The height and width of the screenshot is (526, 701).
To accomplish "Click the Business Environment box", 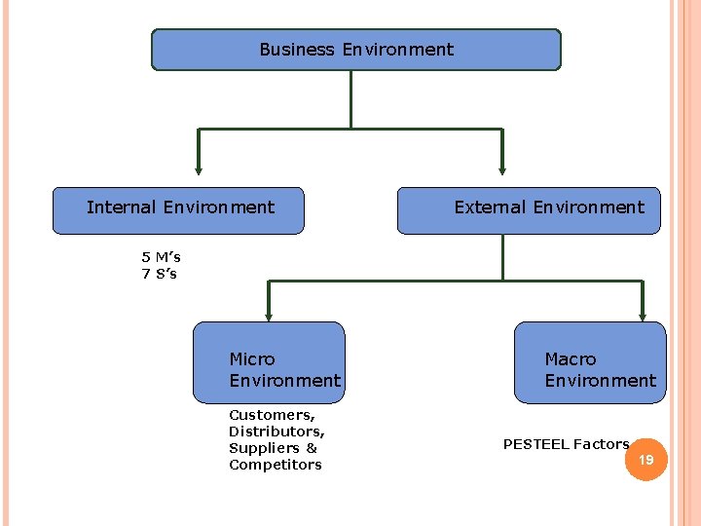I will click(356, 50).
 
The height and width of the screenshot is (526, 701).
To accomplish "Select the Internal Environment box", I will click(178, 210).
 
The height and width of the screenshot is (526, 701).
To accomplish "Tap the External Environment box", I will click(529, 210).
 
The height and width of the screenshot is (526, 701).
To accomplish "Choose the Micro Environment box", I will click(269, 362).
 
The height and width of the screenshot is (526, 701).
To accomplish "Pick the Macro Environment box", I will click(590, 362).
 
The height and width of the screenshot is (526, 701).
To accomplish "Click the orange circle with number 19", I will click(646, 459).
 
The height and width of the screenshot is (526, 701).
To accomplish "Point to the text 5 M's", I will click(161, 257).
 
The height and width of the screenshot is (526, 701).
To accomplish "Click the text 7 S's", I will click(160, 274).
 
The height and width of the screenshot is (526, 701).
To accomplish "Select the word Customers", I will click(264, 415).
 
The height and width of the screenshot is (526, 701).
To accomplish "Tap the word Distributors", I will click(276, 432).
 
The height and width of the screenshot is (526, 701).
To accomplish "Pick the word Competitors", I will click(275, 465).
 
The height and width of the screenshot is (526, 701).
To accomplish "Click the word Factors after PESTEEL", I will click(601, 444).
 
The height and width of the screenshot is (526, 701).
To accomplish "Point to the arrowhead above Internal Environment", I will click(199, 168).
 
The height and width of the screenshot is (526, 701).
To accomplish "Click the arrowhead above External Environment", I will click(502, 168).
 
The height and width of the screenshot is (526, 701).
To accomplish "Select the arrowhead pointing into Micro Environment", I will click(269, 314).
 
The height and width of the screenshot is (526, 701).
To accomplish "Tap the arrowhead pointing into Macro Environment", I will click(643, 314).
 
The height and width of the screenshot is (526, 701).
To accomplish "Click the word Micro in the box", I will click(251, 359).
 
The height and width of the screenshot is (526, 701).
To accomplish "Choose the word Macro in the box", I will click(570, 359).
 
